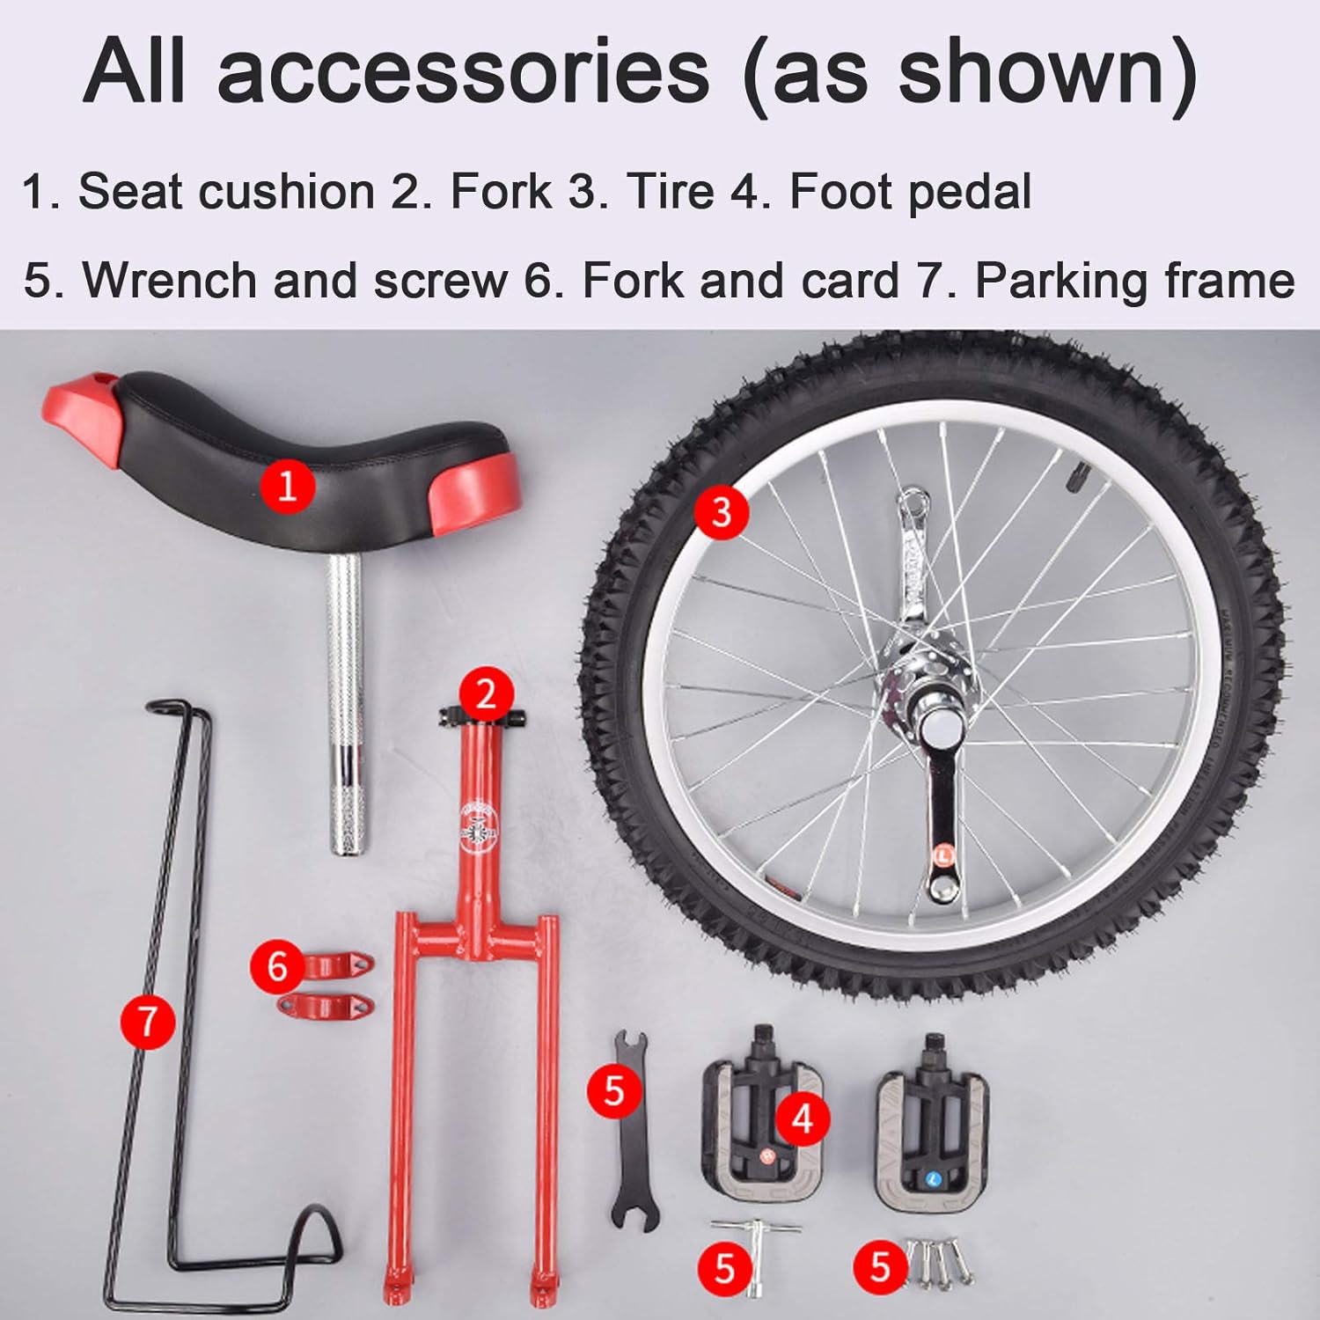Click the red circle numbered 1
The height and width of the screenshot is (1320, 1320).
pyautogui.click(x=288, y=484)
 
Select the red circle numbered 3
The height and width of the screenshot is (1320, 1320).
pyautogui.click(x=722, y=511)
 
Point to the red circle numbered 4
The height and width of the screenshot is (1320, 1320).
pyautogui.click(x=803, y=1118)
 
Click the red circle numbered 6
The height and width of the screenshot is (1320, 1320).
pyautogui.click(x=278, y=967)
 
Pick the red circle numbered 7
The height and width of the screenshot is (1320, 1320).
pyautogui.click(x=148, y=1022)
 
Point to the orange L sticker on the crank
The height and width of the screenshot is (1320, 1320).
pyautogui.click(x=943, y=854)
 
